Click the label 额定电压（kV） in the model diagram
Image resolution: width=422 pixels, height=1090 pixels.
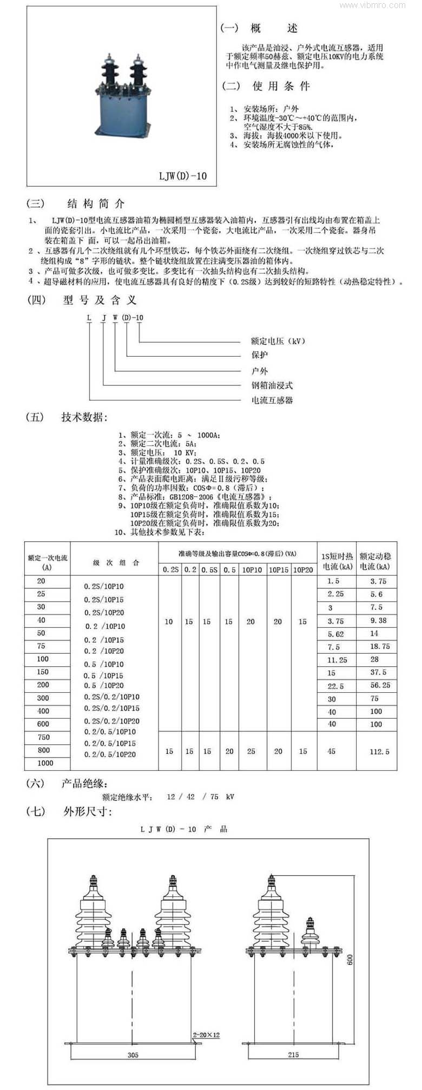278,341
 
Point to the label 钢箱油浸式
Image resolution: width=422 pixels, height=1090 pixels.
272,385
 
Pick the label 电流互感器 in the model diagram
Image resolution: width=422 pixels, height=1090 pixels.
272,400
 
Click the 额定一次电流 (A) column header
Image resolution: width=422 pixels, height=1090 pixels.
48,562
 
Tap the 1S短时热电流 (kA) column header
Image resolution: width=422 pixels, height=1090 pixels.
337,561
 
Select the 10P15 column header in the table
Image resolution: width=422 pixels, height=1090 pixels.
279,570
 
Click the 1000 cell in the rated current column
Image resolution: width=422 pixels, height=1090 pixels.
45,763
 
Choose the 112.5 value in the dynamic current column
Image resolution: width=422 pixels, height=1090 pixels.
379,752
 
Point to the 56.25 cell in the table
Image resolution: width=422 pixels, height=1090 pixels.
379,685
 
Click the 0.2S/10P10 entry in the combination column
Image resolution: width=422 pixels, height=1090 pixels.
104,587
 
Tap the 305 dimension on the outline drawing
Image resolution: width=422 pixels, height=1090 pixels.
133,1054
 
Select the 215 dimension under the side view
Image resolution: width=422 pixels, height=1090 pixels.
293,1054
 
